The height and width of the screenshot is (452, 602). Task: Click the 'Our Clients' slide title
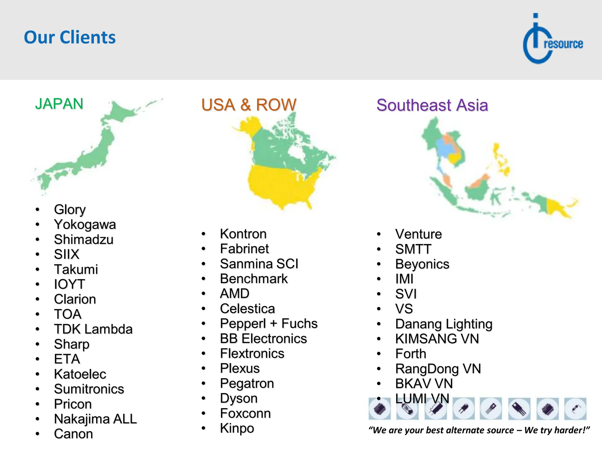pos(70,37)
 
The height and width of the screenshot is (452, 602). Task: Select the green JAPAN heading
pos(59,104)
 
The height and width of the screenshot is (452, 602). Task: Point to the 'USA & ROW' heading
pos(249,105)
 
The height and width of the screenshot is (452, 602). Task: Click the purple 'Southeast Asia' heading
pos(432,105)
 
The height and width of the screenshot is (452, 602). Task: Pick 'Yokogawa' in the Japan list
pos(85,225)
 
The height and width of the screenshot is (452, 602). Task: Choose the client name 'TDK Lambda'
pos(93,329)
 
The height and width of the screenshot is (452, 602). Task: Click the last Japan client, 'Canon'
pos(73,434)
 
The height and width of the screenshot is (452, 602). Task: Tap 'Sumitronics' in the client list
pos(89,389)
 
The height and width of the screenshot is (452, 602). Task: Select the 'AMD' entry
pos(235,294)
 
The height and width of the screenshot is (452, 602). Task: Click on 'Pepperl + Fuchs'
pos(269,324)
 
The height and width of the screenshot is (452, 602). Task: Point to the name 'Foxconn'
pos(245,413)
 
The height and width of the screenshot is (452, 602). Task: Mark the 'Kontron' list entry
pos(243,234)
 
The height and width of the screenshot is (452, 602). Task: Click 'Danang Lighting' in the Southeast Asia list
pos(444,324)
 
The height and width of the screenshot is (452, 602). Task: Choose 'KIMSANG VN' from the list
pos(437,339)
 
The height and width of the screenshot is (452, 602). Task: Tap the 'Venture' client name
pos(418,234)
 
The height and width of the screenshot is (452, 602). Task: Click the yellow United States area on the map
pos(279,185)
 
